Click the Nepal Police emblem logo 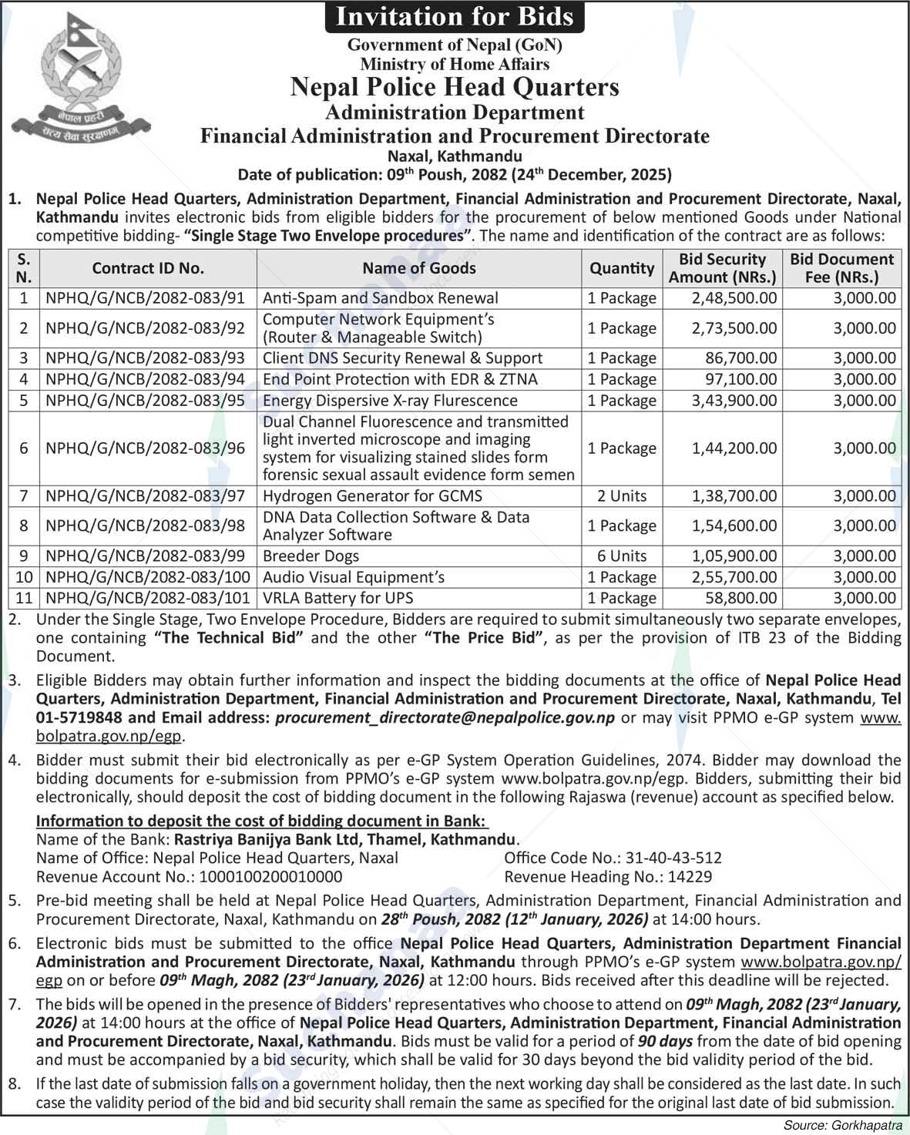point(82,82)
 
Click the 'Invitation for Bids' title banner point(454,16)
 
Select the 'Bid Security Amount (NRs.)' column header point(722,268)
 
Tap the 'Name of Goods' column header point(419,268)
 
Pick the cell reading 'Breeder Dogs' point(311,556)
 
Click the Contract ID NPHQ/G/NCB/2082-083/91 point(146,298)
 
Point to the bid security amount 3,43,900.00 point(734,401)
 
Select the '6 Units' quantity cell point(622,556)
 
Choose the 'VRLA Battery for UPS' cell point(338,598)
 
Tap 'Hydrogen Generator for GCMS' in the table point(372,496)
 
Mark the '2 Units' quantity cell point(622,496)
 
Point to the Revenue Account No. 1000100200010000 point(271,877)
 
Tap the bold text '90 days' point(665,1041)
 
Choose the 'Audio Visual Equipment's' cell point(354,577)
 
